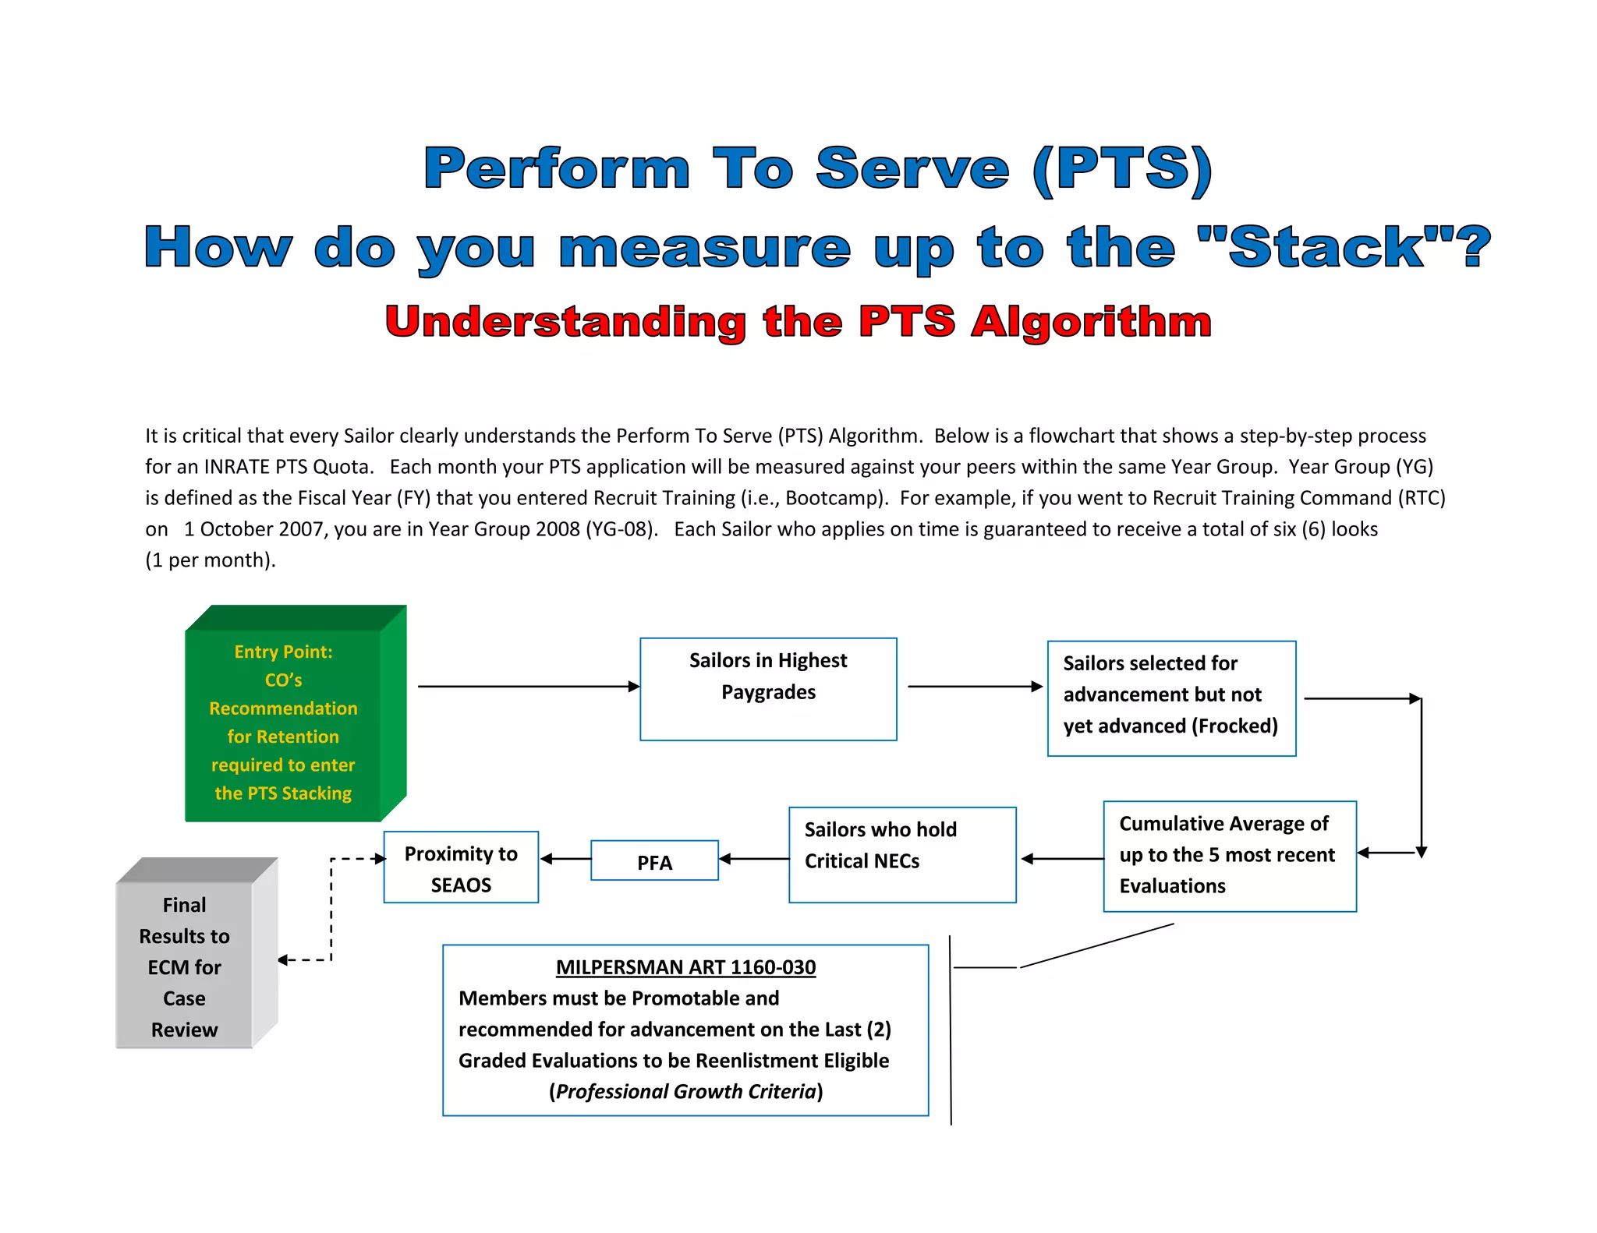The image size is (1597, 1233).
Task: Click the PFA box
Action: pyautogui.click(x=654, y=860)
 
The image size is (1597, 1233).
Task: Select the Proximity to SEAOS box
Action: pyautogui.click(x=461, y=867)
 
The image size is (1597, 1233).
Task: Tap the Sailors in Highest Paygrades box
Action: pyautogui.click(x=768, y=689)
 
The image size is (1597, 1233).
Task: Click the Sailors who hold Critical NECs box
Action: pyautogui.click(x=902, y=855)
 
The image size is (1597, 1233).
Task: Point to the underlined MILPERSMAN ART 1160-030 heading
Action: pyautogui.click(x=685, y=967)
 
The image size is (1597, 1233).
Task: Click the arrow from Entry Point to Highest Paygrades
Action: pyautogui.click(x=529, y=687)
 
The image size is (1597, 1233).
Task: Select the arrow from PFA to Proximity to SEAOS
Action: pyautogui.click(x=565, y=859)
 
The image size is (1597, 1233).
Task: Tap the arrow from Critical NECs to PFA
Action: pyautogui.click(x=753, y=859)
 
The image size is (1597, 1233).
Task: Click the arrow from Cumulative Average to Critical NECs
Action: pyautogui.click(x=1062, y=859)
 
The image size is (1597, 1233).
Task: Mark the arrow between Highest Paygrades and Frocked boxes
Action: pyautogui.click(x=975, y=687)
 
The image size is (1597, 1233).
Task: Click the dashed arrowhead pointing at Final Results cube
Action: pyautogui.click(x=284, y=960)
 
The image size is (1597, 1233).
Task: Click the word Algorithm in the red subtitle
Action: pyautogui.click(x=1091, y=322)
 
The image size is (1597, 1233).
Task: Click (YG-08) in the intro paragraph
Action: pyautogui.click(x=621, y=529)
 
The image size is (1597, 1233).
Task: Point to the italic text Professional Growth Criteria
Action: pyautogui.click(x=685, y=1091)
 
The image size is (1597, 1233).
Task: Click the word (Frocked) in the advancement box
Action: pyautogui.click(x=1234, y=726)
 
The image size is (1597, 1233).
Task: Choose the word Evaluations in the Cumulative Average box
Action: pyautogui.click(x=1172, y=886)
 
